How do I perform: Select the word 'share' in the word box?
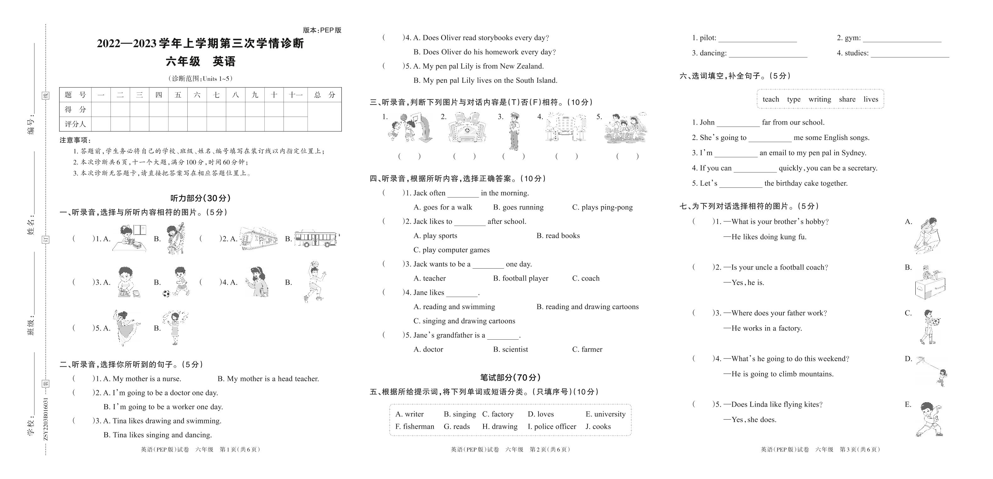(847, 99)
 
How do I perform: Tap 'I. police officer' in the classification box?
(552, 426)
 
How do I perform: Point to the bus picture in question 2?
(316, 239)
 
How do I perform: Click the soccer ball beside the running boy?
(166, 293)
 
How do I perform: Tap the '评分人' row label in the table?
(75, 124)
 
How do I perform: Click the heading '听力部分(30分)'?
(201, 198)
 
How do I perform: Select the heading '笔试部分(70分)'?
(510, 377)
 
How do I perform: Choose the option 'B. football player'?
(521, 278)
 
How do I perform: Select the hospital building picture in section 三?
(467, 127)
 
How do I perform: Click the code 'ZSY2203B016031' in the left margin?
(46, 418)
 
